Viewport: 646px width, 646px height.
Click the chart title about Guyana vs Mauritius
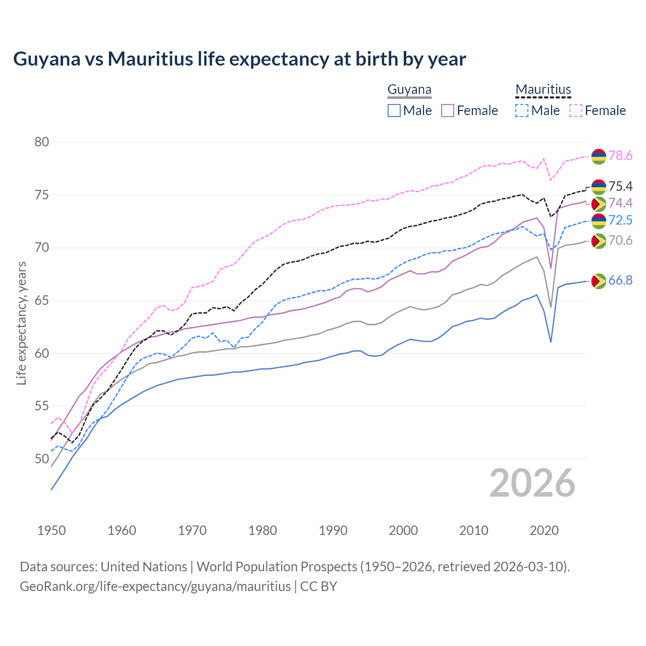pos(239,59)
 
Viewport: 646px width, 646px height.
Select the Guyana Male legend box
pos(394,111)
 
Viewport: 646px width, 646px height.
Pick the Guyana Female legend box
pos(448,111)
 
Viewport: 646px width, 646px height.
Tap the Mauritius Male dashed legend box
pos(522,111)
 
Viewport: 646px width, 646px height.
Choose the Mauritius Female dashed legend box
pos(575,111)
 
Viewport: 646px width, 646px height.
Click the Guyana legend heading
pos(409,90)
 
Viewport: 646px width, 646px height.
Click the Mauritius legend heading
pos(543,90)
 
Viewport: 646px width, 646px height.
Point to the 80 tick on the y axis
pos(42,142)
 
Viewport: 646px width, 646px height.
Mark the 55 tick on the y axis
pos(42,406)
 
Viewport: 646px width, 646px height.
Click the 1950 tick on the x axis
pos(51,530)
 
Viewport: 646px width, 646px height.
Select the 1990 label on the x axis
pos(333,530)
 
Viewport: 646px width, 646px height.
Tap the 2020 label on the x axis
pos(544,530)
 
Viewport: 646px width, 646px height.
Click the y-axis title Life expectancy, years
pos(21,323)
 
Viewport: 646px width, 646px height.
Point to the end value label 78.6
pos(620,156)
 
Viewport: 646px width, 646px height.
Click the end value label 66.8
pos(620,281)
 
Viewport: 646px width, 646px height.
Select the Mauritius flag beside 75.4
pos(599,187)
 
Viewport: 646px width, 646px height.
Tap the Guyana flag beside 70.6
pos(599,241)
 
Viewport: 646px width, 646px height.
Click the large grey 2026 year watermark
pos(532,483)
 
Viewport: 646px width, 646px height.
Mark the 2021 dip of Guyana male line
pos(551,342)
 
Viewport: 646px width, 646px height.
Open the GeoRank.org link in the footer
pos(155,586)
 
